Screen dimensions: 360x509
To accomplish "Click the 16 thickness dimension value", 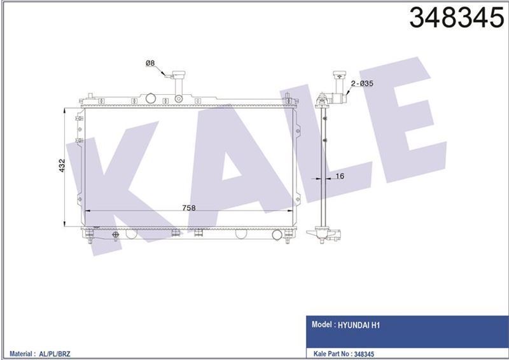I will [339, 176].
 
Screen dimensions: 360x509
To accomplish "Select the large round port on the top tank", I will [151, 99].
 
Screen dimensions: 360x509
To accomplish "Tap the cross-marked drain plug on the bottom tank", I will [115, 235].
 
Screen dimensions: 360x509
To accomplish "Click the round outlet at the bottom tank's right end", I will [277, 235].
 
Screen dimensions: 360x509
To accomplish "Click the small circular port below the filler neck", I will [179, 99].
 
